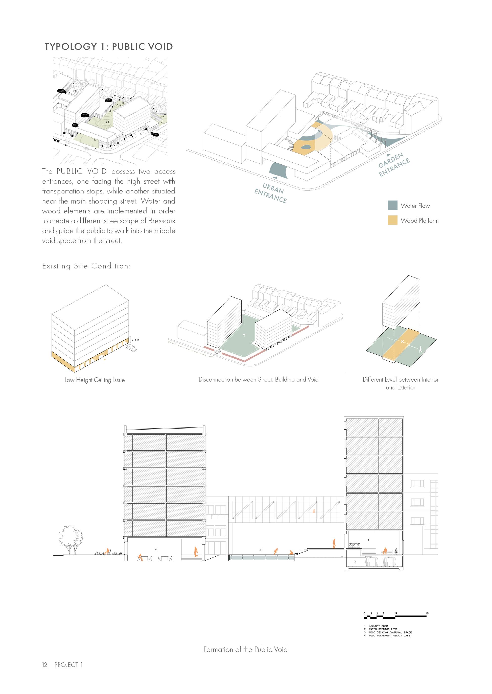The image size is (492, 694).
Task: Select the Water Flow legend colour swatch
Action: coord(393,205)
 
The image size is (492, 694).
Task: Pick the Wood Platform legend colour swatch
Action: coord(393,220)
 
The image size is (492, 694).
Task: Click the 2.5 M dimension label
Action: coord(135,340)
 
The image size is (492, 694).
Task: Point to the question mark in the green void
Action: coord(244,335)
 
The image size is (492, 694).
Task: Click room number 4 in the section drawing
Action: coord(156,549)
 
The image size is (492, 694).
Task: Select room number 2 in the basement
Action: coord(355,561)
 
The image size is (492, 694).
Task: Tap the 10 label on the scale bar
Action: coord(427,613)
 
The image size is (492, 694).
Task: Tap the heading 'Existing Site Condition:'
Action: coord(87,266)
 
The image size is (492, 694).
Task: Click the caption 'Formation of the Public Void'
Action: coord(245,650)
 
